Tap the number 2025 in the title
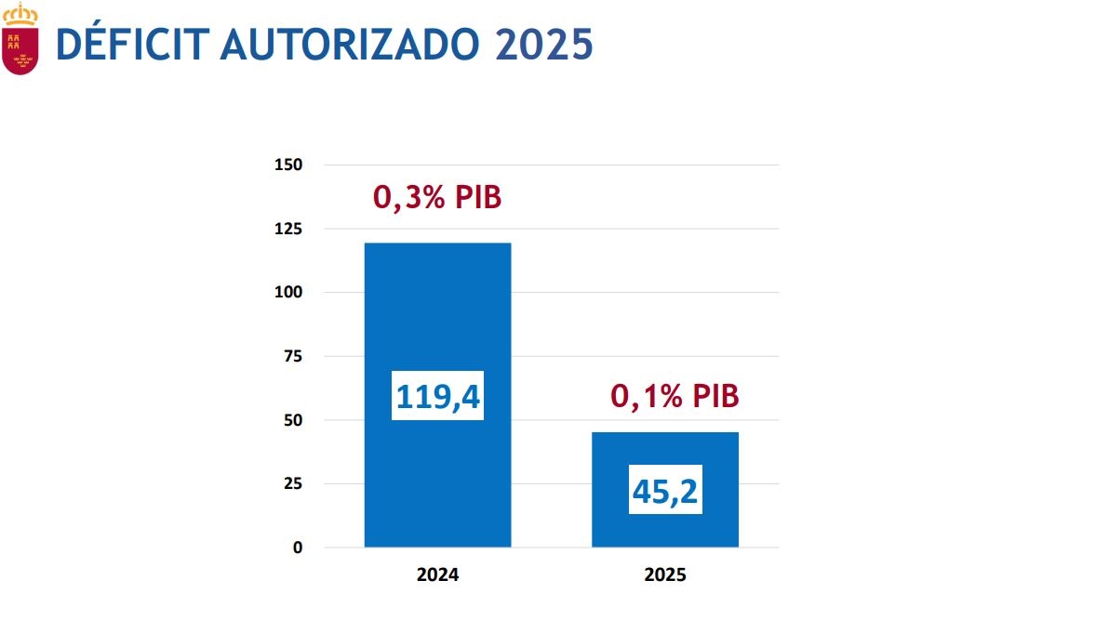544,44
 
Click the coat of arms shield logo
20,50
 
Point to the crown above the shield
20,13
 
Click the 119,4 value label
437,396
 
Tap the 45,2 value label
665,490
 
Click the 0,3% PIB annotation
437,197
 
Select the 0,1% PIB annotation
675,397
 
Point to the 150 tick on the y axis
289,165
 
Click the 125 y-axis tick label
289,229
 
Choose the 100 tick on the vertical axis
289,293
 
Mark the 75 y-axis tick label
293,356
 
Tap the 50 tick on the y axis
293,420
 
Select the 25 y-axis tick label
293,483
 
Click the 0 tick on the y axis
298,547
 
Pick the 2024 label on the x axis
437,575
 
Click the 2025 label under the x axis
665,575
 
